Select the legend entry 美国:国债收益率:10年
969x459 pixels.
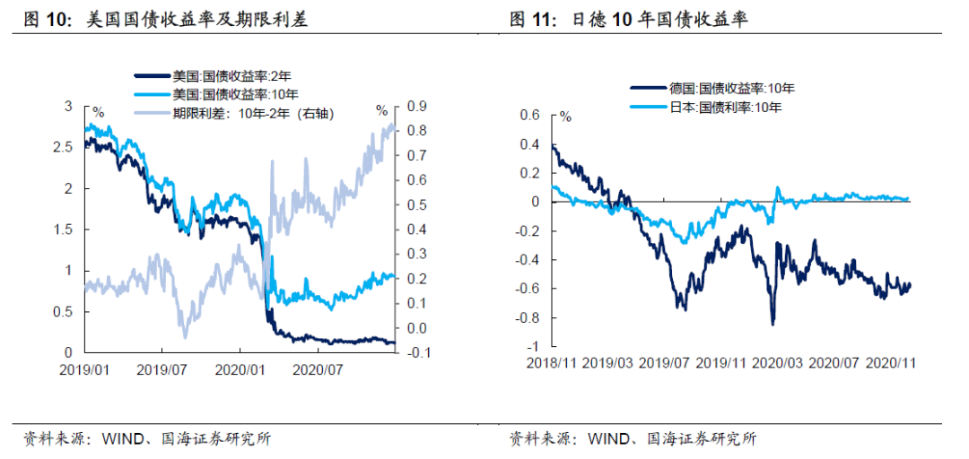click(221, 94)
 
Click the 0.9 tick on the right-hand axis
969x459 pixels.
click(415, 106)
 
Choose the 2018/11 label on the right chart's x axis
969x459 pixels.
click(551, 363)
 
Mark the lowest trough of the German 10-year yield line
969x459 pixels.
click(773, 325)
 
